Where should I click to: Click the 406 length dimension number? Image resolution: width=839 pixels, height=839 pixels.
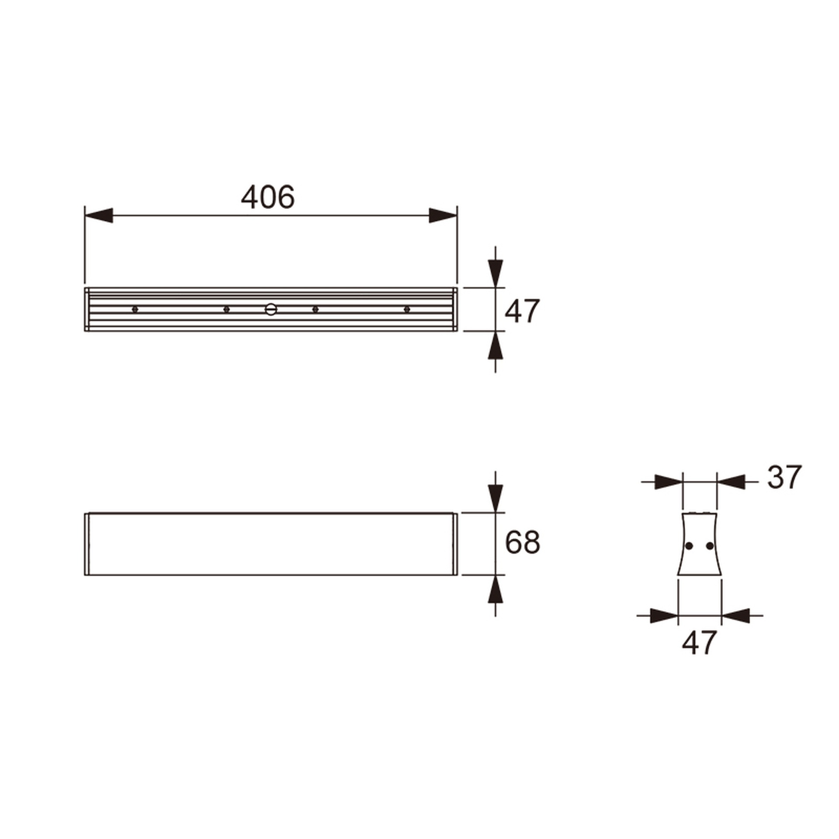268,197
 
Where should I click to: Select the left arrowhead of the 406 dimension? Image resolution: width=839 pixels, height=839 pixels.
99,215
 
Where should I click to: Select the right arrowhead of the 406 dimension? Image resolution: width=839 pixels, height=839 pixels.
443,215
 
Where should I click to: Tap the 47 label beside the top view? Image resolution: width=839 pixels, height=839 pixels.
522,311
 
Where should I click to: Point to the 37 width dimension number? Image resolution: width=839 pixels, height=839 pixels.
784,477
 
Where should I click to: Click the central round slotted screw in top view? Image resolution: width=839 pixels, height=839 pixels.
271,309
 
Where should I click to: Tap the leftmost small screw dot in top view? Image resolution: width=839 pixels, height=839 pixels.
135,309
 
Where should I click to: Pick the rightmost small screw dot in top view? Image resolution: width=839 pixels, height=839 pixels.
407,309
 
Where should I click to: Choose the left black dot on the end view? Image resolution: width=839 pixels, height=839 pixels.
689,546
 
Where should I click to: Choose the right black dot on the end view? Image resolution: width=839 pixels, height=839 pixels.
710,546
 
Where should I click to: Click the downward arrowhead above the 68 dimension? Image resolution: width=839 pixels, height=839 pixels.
495,499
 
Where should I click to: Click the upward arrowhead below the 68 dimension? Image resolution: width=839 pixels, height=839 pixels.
495,590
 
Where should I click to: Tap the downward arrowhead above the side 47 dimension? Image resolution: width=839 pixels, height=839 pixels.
495,274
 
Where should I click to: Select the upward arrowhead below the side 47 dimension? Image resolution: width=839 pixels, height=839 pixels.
495,346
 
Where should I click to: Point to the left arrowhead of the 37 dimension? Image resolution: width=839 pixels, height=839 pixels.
668,482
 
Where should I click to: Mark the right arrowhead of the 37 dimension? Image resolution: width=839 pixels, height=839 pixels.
731,482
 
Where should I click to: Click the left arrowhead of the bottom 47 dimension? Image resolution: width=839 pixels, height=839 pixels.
664,616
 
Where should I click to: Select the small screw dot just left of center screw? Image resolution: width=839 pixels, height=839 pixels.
226,309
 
